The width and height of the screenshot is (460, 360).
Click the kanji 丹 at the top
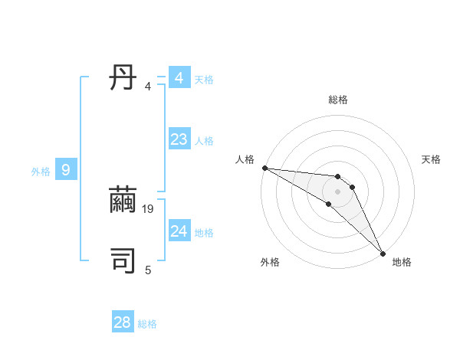tap(123, 78)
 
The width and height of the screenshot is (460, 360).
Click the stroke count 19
tap(149, 208)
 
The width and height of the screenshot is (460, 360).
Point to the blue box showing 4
tap(179, 78)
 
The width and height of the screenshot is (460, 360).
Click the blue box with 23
tap(179, 139)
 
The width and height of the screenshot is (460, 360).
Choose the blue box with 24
tap(179, 231)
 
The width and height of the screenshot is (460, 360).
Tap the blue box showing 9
tap(66, 170)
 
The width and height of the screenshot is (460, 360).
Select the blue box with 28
tap(123, 322)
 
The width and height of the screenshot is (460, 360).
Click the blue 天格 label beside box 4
tap(204, 79)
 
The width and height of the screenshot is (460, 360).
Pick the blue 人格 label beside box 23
tap(204, 140)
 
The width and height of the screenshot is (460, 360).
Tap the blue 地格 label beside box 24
tap(204, 232)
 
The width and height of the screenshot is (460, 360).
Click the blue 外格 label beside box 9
tap(41, 172)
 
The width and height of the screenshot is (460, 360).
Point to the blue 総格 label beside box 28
tap(147, 324)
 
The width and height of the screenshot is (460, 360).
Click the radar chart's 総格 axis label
tap(338, 100)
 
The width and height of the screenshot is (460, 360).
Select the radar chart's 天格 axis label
tap(432, 159)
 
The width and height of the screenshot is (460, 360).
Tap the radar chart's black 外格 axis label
tap(270, 262)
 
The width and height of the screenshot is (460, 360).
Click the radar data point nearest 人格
tap(264, 168)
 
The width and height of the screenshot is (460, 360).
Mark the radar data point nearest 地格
tap(383, 252)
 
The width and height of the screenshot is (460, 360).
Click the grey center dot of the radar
tap(338, 191)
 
